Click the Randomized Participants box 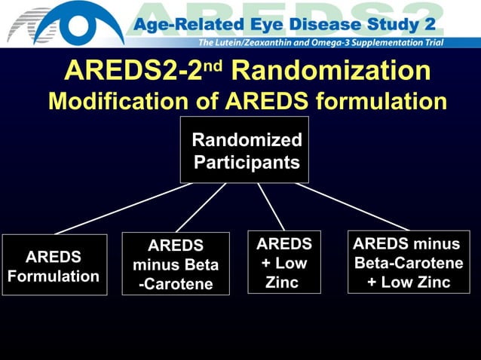coord(244,150)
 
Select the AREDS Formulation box coord(54,264)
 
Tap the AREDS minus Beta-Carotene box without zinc coord(176,264)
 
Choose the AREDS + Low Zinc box coord(284,262)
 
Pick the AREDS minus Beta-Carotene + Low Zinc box coord(408,262)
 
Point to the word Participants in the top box coord(247,162)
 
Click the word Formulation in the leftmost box coord(54,276)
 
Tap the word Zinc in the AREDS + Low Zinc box coord(282,282)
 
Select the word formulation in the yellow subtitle coord(375,101)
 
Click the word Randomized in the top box coord(247,139)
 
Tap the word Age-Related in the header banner coord(189,25)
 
